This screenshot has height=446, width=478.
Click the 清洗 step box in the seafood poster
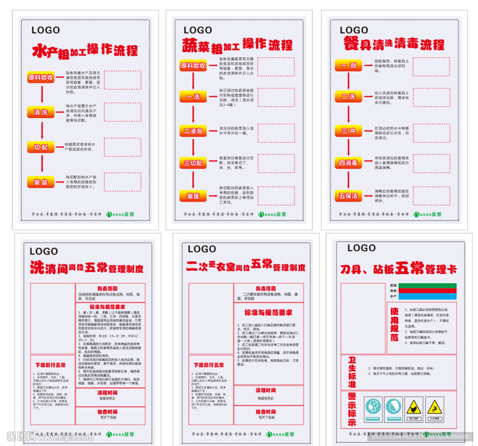(41, 112)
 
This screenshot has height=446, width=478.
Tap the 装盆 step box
(41, 182)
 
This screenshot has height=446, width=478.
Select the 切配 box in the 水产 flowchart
(41, 147)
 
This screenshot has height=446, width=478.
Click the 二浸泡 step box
(193, 132)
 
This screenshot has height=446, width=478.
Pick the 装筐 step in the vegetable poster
(193, 196)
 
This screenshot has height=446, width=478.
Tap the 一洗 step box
(193, 97)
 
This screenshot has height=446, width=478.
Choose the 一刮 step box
(349, 65)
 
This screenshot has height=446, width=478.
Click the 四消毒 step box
(349, 163)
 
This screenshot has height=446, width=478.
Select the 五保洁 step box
(349, 196)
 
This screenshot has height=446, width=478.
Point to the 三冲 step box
(349, 131)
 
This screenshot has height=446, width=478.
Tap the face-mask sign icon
(373, 407)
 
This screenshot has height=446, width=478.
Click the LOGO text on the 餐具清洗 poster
(354, 30)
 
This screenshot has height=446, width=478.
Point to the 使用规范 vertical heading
(394, 324)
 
